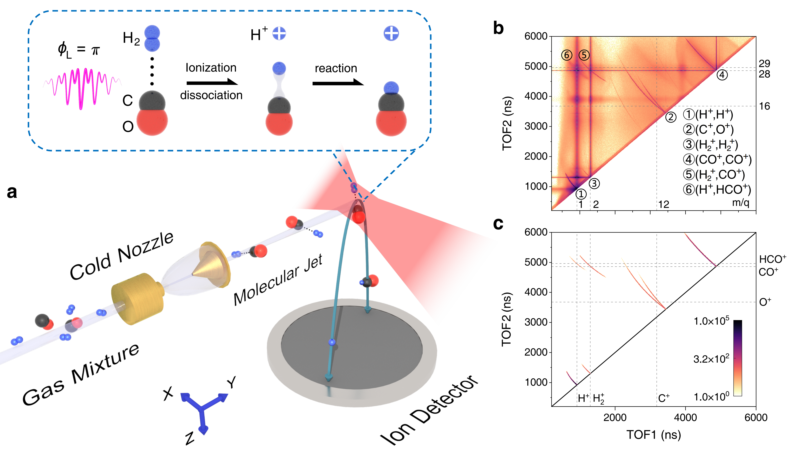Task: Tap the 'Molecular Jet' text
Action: pos(278,280)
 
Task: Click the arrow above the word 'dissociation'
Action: pos(212,82)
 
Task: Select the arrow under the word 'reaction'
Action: pos(338,83)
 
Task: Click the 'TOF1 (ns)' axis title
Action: pos(654,435)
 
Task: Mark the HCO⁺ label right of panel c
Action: pos(772,259)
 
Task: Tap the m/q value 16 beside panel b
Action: pos(764,106)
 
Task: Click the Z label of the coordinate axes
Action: pos(190,438)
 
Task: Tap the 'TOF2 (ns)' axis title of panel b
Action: pos(507,124)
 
